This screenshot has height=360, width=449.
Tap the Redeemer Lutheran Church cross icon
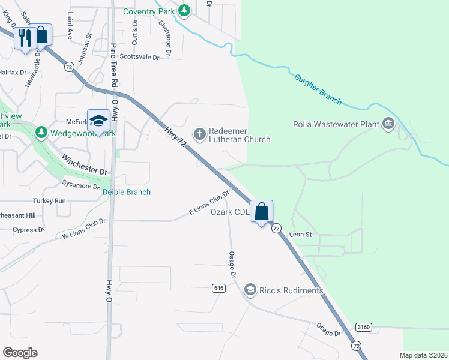pos(199,132)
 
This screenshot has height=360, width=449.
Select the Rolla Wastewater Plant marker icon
pos(388,124)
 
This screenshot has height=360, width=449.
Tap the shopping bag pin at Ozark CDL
pos(261,211)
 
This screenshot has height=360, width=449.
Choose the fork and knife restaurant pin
pos(25,37)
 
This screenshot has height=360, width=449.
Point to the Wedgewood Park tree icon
pos(41,131)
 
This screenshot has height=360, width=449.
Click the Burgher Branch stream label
pos(318,89)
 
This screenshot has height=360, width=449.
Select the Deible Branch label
pos(126,192)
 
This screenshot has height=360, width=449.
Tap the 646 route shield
pos(218,288)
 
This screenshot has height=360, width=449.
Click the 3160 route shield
pos(363,327)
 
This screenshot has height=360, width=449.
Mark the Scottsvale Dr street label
pos(139,57)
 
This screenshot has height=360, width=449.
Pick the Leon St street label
pos(300,235)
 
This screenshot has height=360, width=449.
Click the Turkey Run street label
pos(52,200)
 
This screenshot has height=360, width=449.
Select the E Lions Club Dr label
pos(209,203)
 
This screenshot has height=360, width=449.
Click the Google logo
pos(20,353)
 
